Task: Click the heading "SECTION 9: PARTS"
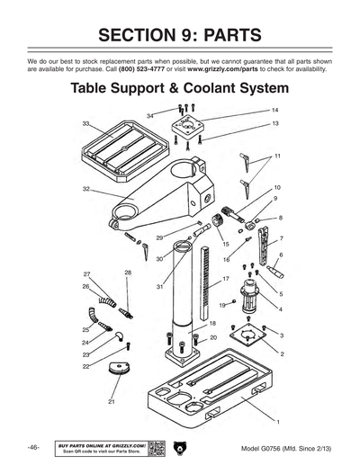pos(180,36)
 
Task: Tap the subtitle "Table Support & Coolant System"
pos(180,90)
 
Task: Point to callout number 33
pos(85,123)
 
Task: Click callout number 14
pos(274,111)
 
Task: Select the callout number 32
pos(85,189)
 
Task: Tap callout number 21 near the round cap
pos(112,401)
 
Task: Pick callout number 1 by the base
pos(278,422)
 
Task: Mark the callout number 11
pos(277,156)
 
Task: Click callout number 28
pos(128,272)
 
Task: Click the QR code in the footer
pos(155,446)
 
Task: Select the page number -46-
pos(32,447)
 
